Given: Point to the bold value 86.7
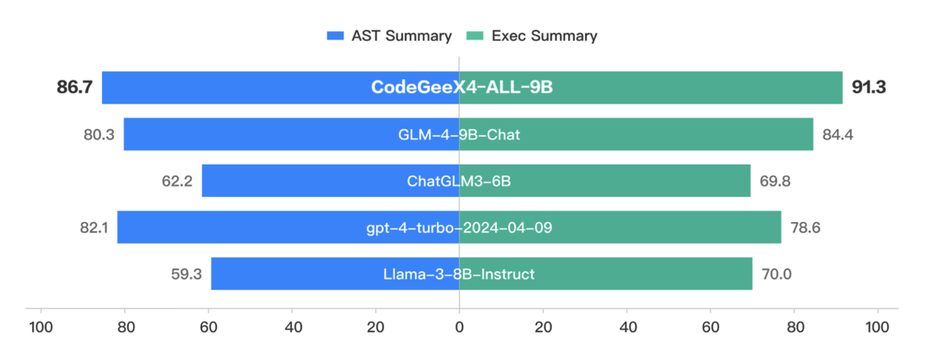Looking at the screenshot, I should pos(74,87).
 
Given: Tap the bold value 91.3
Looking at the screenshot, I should pos(869,87).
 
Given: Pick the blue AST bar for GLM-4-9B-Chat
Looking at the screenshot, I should pos(255,135).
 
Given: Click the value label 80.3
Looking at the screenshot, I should pos(99,135).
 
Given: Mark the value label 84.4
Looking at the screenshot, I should pos(837,135).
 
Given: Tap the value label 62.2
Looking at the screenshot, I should pos(177,181).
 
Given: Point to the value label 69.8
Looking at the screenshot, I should pos(775,181).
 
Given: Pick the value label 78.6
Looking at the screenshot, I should pos(805,228).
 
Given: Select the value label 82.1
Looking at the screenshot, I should pos(94,228).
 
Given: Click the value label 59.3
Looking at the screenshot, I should pos(186,274).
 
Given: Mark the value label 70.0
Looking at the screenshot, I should pos(776,274).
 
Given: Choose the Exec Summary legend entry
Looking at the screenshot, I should pos(532,36).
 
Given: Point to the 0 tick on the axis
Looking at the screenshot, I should pos(459,327).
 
